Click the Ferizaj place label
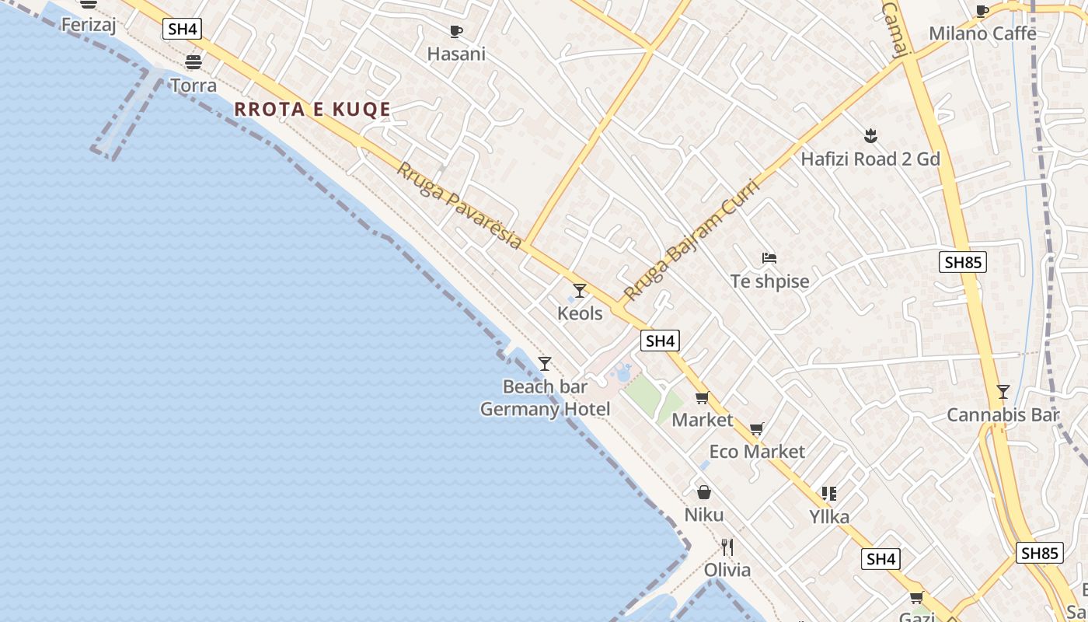coord(89,25)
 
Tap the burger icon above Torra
coord(193,62)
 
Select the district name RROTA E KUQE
coord(312,110)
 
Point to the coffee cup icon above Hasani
coord(456,32)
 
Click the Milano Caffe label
coord(982,33)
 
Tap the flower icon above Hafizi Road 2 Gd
coord(870,137)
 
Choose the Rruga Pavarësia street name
coord(459,205)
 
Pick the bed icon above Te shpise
coord(769,258)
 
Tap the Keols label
coord(580,313)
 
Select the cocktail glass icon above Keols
coord(580,291)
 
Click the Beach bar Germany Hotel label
coord(545,397)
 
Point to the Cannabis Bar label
coord(1003,415)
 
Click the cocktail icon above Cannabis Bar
coord(1003,392)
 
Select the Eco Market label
coord(757,452)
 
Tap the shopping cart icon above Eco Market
coord(757,429)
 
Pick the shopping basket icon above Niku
coord(704,492)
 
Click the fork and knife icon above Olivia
coord(727,547)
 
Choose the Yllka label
coord(829,517)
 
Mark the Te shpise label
coord(769,281)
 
